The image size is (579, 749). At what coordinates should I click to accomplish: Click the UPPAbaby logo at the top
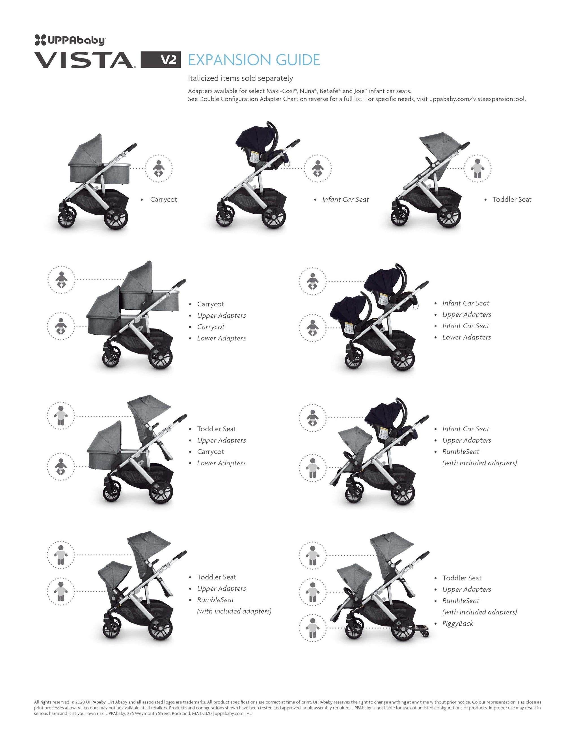70,40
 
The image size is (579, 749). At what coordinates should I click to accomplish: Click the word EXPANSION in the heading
230,60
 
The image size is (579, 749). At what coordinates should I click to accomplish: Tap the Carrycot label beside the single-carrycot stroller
163,200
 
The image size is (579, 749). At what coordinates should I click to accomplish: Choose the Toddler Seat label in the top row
512,200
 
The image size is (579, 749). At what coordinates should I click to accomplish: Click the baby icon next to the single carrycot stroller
158,168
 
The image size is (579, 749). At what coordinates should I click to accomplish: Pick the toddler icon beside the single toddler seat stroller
477,168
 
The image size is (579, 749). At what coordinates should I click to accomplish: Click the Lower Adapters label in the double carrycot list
221,338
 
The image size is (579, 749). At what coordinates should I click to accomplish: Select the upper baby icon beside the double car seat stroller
312,281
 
